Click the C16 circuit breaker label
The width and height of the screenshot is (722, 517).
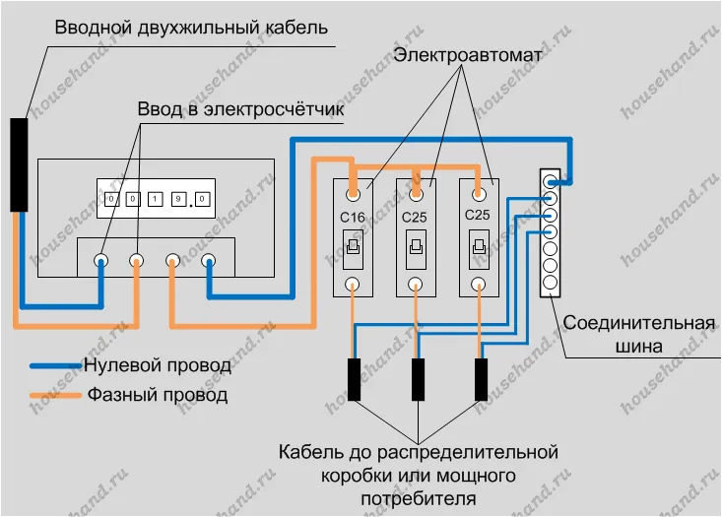[353, 217]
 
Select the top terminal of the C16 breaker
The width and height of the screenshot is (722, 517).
[354, 195]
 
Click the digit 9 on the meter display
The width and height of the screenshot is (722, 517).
[178, 199]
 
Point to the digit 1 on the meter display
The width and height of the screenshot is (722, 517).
[156, 199]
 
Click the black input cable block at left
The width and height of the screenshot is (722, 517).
[19, 164]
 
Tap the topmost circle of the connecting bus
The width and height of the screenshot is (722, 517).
[550, 181]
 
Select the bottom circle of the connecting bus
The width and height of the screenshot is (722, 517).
[550, 283]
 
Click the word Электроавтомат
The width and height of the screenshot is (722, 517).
[467, 55]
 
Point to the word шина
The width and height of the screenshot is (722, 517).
[639, 347]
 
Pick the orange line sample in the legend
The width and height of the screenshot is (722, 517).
[56, 396]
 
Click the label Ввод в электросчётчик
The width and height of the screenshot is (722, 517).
[240, 109]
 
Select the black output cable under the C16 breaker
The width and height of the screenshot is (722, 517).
[354, 379]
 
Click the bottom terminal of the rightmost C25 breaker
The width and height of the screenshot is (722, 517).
[479, 284]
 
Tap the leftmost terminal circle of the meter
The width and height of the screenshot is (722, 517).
[100, 261]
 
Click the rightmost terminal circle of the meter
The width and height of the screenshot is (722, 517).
[209, 261]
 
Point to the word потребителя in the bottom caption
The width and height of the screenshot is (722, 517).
[418, 498]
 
